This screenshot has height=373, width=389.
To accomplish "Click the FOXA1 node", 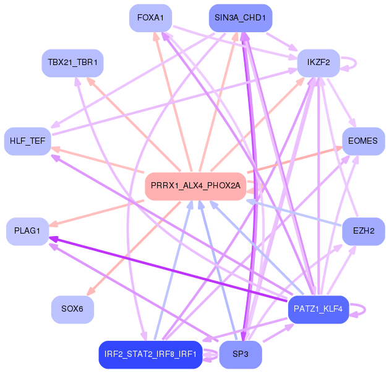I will pyautogui.click(x=150, y=18).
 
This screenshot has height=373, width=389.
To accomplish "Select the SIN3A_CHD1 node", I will pyautogui.click(x=240, y=18).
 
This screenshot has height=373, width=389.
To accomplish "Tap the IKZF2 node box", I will pyautogui.click(x=318, y=63).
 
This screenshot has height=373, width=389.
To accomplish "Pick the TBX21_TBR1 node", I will pyautogui.click(x=72, y=63).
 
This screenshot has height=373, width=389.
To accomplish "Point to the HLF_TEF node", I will pyautogui.click(x=27, y=141).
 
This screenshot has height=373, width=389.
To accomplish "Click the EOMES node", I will pyautogui.click(x=362, y=141).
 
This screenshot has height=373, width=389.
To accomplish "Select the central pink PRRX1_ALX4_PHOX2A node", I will pyautogui.click(x=195, y=186).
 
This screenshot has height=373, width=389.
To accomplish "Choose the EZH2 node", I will pyautogui.click(x=363, y=231).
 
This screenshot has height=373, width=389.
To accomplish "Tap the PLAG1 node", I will pyautogui.click(x=27, y=231).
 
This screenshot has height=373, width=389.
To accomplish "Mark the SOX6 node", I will pyautogui.click(x=72, y=309).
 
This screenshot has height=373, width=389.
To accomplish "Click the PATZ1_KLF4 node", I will pyautogui.click(x=318, y=309).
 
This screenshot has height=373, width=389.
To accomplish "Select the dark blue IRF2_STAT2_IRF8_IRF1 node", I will pyautogui.click(x=150, y=354).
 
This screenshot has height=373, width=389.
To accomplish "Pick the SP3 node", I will pyautogui.click(x=240, y=354).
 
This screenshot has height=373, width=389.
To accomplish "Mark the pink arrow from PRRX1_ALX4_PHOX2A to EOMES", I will pyautogui.click(x=297, y=160).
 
